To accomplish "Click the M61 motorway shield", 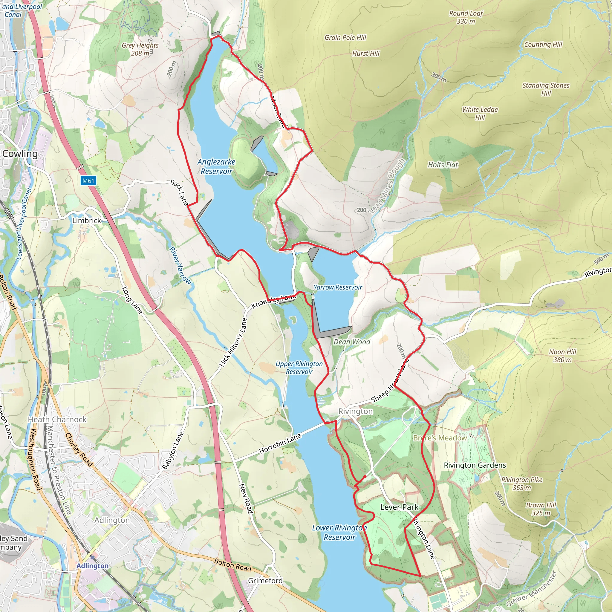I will click(x=88, y=180).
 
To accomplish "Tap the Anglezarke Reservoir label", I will click(x=216, y=167).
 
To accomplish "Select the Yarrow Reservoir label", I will click(x=338, y=287).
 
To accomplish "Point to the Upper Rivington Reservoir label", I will click(x=299, y=368).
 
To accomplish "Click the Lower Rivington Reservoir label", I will click(x=339, y=533).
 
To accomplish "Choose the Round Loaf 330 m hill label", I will click(x=466, y=17).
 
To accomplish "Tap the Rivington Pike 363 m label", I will click(x=522, y=484).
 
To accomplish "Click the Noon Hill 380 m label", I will click(x=563, y=356).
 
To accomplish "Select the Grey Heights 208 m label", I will click(x=140, y=49).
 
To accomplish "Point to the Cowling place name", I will click(x=20, y=154).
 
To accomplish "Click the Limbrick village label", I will click(x=86, y=221).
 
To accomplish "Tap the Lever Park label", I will click(x=399, y=507).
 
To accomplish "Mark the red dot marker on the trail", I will click(x=365, y=477).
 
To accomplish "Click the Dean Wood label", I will click(x=352, y=342).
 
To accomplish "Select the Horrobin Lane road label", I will click(x=280, y=444).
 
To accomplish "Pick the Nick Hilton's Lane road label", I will click(x=233, y=343).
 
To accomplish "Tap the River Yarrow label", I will click(x=180, y=265).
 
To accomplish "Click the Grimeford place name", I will click(x=265, y=581).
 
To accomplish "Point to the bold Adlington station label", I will click(x=93, y=566).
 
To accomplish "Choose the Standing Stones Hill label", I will click(x=546, y=89).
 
